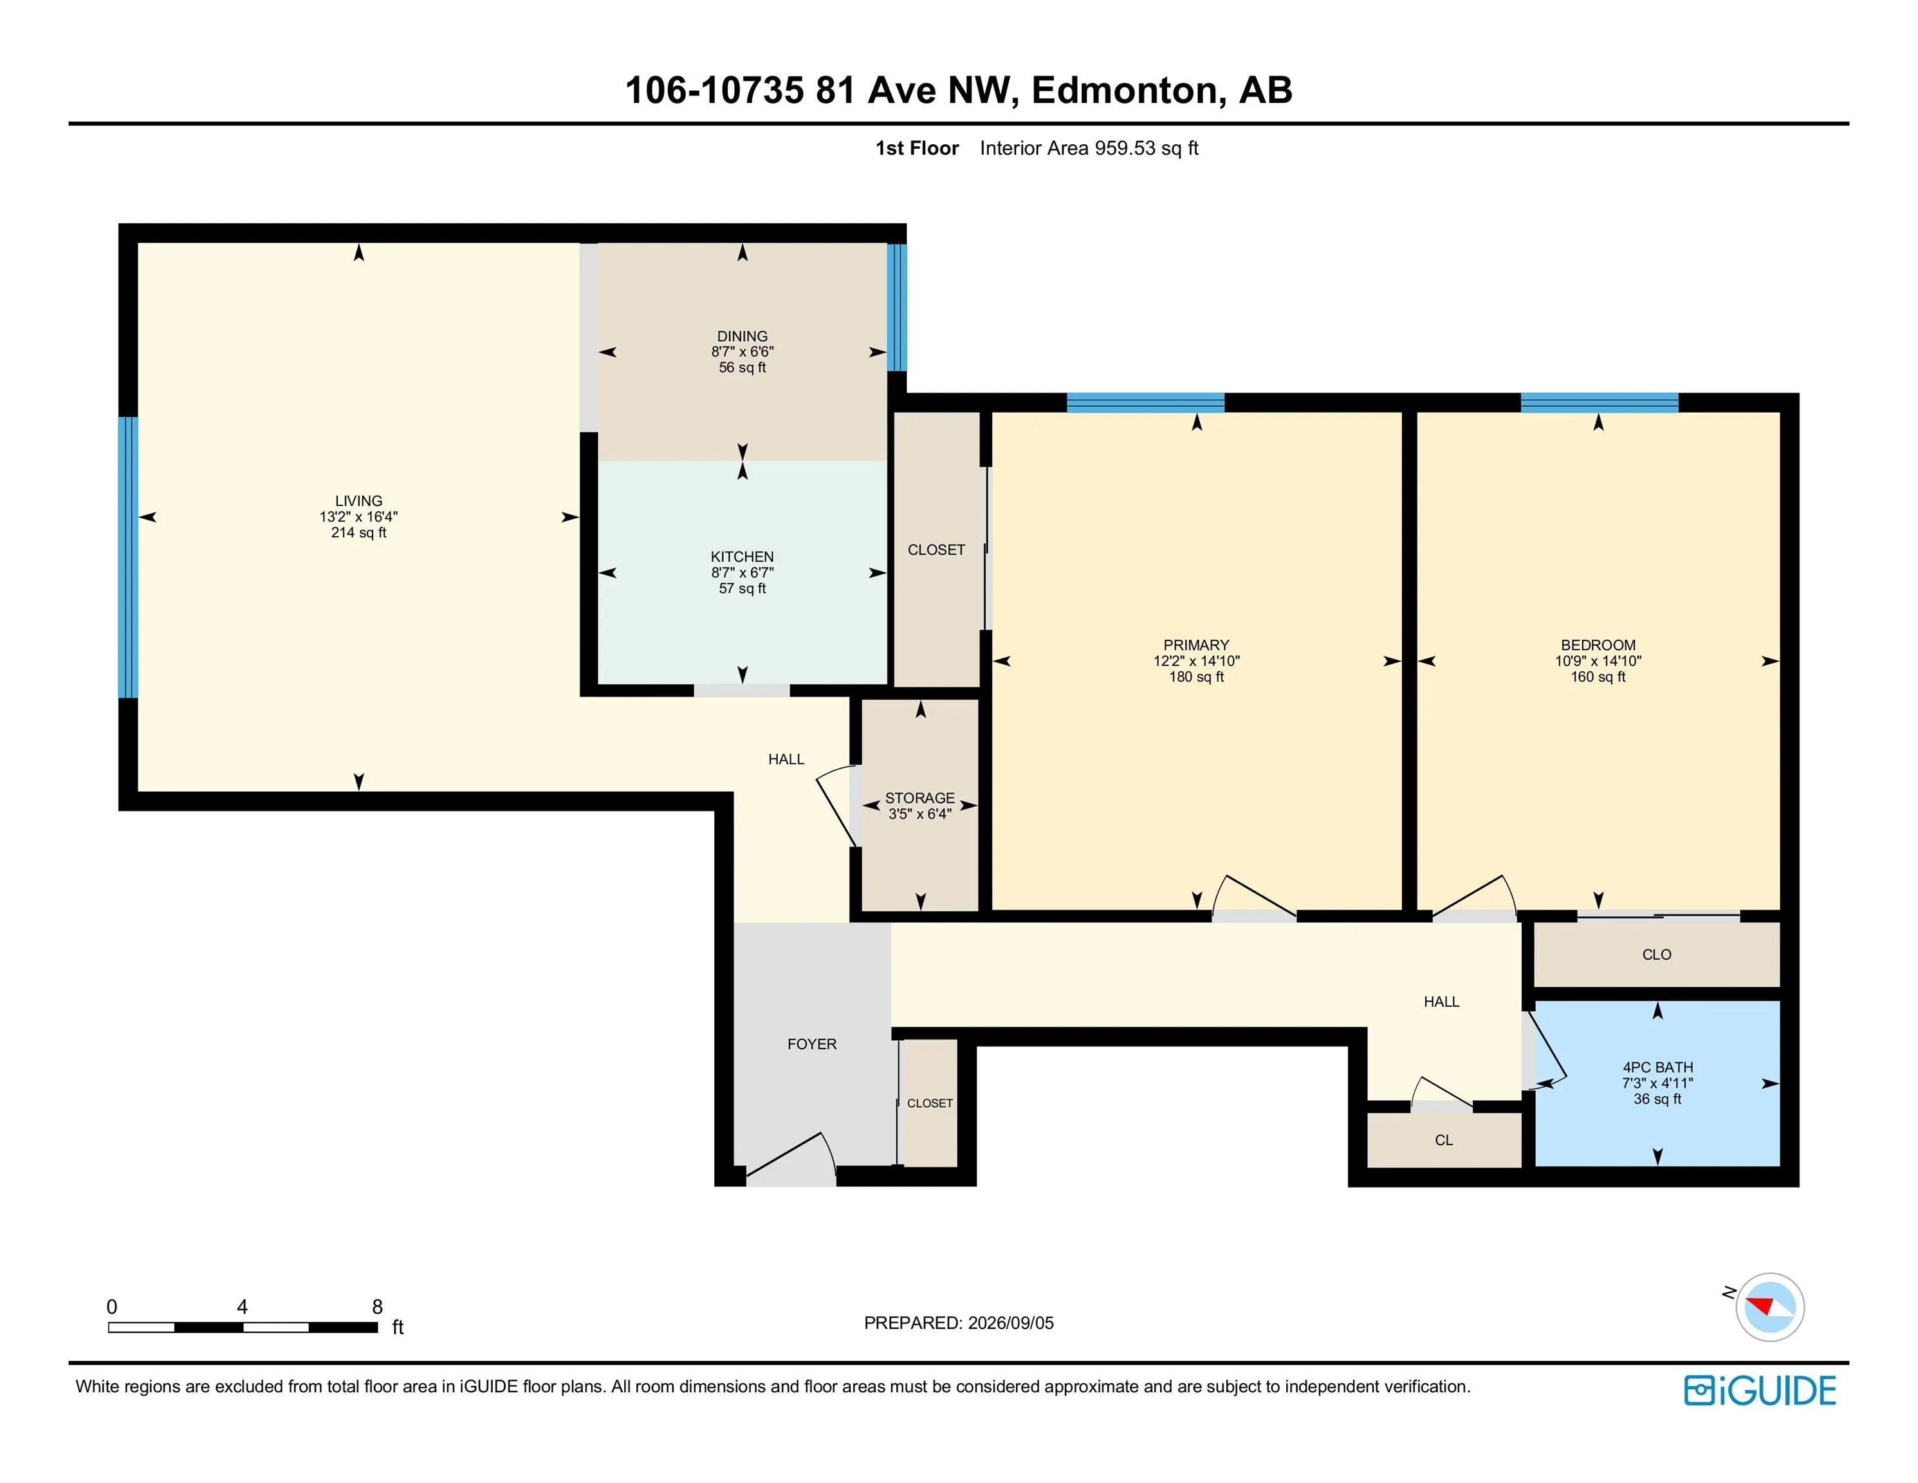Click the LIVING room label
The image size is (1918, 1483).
[358, 501]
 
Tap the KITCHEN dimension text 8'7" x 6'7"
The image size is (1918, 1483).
[742, 573]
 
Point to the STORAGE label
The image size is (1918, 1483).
[919, 797]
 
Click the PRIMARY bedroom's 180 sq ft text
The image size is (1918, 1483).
[1196, 676]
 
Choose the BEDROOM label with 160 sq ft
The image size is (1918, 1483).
[1598, 645]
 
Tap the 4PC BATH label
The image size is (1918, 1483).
[1657, 1067]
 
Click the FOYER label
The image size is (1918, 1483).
[811, 1044]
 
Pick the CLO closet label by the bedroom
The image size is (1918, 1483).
[1656, 954]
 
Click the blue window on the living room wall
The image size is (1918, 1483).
[128, 557]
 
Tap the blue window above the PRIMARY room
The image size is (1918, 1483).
[1145, 402]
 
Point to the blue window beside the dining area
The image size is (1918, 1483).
[897, 308]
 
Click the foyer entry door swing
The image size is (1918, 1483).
[790, 1155]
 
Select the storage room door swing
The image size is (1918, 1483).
[836, 805]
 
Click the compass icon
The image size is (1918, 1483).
[1769, 1307]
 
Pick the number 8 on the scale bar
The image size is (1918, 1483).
[378, 1307]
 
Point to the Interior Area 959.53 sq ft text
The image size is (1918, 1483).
[1089, 147]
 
